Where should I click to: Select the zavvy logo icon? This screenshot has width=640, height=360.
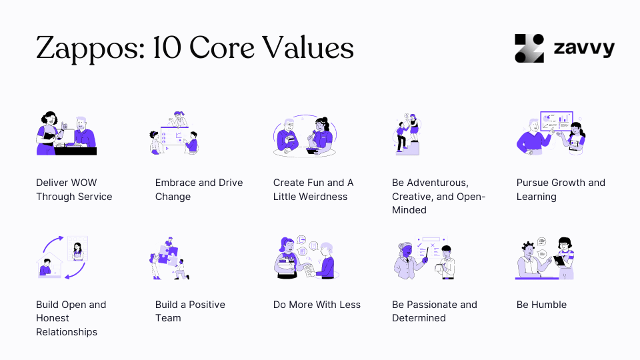(529, 48)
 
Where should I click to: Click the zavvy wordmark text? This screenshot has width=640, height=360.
(584, 49)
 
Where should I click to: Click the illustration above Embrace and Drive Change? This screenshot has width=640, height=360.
(175, 133)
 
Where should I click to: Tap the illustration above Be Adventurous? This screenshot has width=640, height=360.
(406, 133)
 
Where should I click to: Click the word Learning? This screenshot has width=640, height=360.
(536, 197)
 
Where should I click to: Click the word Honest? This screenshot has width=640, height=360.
(53, 318)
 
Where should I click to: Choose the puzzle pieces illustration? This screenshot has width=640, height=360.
(169, 258)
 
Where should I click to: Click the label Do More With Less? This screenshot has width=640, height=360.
(317, 305)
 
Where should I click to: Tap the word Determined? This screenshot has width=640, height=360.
(419, 318)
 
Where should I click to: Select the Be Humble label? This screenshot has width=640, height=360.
(541, 305)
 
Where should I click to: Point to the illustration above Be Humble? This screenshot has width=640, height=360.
(545, 258)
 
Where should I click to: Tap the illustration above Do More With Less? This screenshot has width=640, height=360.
(304, 258)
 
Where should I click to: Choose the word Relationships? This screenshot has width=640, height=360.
(67, 332)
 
